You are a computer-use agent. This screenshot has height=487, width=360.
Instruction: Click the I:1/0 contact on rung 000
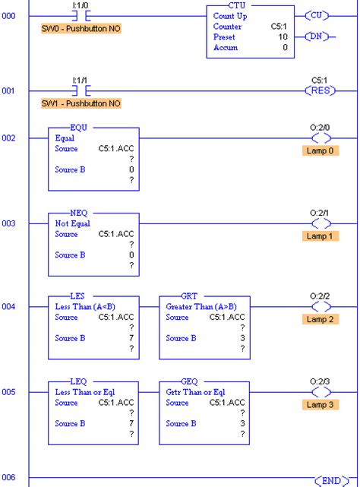pos(79,15)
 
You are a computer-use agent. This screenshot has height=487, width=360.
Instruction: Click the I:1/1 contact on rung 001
pos(79,90)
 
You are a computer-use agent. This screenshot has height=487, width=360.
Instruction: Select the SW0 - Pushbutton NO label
pos(80,28)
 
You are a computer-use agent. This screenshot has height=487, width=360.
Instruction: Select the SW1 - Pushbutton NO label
pos(80,103)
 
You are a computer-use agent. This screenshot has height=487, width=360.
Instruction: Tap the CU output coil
pos(320,15)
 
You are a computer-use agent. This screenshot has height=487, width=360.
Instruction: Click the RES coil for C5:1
pos(320,90)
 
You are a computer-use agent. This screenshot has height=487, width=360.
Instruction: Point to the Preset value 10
pos(281,36)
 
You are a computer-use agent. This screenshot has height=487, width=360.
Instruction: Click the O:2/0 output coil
pos(319,139)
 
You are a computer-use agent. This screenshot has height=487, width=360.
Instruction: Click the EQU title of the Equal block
pos(78,128)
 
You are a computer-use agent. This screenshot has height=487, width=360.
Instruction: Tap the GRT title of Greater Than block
pos(190,296)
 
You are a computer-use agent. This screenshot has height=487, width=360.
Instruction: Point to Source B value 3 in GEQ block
pos(242,422)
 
